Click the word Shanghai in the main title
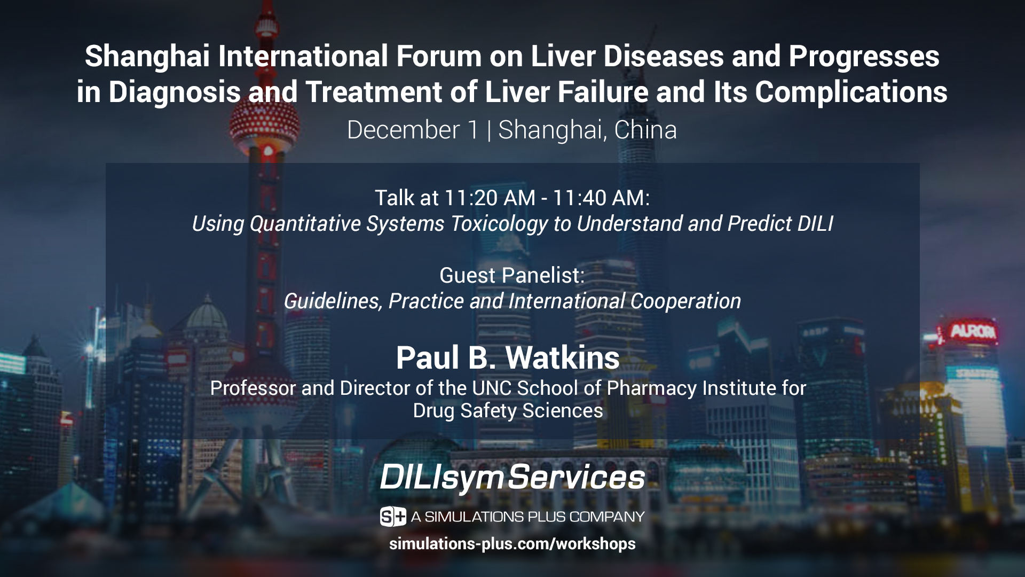[147, 57]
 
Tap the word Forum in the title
[436, 57]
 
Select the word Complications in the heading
[851, 92]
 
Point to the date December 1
[413, 130]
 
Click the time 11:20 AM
[490, 198]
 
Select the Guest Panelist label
[512, 276]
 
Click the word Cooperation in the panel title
[685, 301]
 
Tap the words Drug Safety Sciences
[508, 411]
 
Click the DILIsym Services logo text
[512, 477]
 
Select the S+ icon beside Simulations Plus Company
[393, 517]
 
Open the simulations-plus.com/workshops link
[512, 544]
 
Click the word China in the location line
[645, 130]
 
